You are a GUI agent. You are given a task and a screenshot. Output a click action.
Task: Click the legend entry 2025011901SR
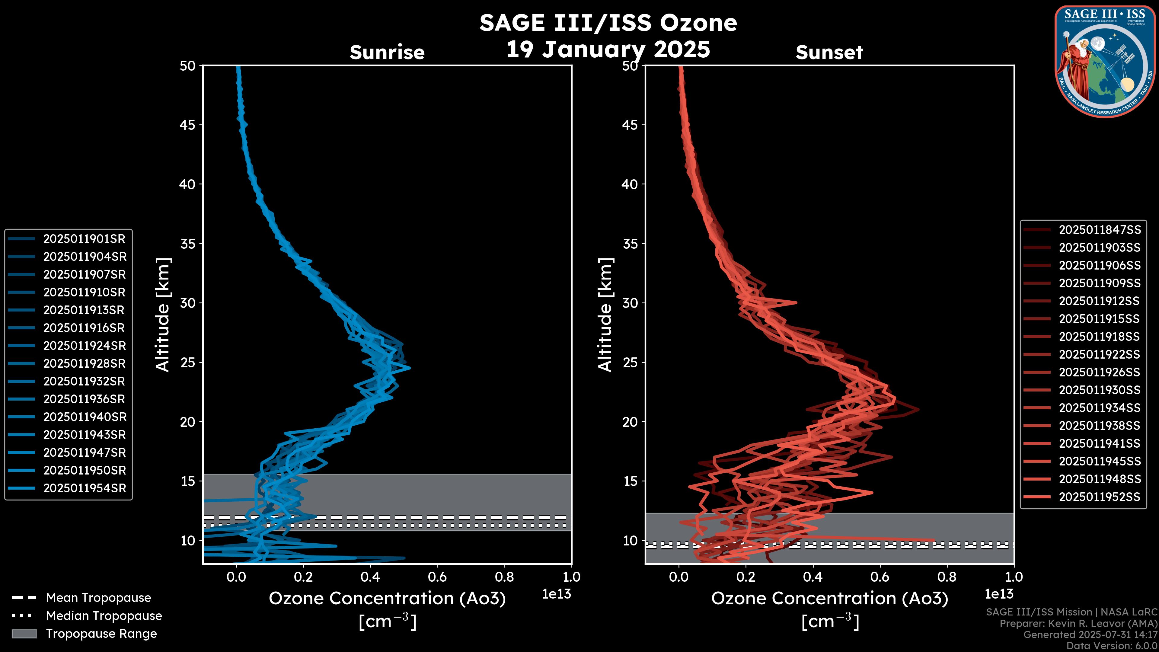click(84, 239)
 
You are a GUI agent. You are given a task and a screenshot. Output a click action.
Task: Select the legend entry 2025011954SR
click(84, 488)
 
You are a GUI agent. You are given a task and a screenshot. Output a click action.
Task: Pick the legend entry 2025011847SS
click(1100, 230)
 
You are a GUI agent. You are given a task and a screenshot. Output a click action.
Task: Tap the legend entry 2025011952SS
click(1100, 497)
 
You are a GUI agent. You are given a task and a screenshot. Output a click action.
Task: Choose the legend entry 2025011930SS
click(1100, 390)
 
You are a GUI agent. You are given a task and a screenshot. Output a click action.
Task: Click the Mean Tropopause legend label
click(98, 598)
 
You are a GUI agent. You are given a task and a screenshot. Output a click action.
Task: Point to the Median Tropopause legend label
click(104, 615)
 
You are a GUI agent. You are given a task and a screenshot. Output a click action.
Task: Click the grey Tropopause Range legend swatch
click(24, 634)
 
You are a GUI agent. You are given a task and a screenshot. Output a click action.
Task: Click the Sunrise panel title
click(387, 53)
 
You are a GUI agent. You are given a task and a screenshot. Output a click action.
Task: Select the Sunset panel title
click(829, 53)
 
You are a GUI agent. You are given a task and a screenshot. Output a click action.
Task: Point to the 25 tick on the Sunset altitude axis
click(630, 363)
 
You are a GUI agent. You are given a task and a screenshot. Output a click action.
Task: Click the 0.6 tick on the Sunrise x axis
click(437, 577)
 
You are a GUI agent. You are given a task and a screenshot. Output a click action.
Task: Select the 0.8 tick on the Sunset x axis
click(947, 577)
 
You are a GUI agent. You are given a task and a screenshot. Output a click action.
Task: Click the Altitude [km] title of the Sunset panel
click(605, 315)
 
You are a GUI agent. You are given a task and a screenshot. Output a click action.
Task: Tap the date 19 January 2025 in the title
click(608, 50)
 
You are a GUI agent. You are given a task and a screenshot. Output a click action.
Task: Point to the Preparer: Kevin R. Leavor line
click(1078, 624)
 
